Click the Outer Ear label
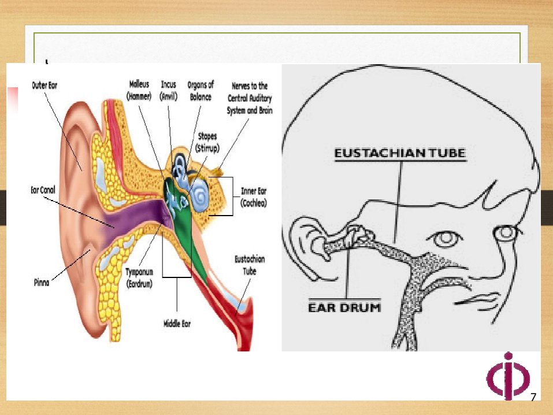(44, 86)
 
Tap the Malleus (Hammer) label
(139, 90)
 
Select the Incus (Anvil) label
(168, 90)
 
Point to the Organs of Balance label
(201, 91)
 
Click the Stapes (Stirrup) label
(207, 142)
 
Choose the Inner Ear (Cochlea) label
(254, 197)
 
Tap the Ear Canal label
(43, 190)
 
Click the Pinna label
(41, 282)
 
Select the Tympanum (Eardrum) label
(139, 277)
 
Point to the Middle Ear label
(177, 324)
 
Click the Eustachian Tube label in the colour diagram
(250, 265)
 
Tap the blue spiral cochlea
(201, 195)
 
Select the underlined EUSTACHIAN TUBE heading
(400, 153)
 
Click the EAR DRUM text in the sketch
(344, 307)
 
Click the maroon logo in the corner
(508, 376)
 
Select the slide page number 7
(533, 397)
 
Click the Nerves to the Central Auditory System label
(250, 98)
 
